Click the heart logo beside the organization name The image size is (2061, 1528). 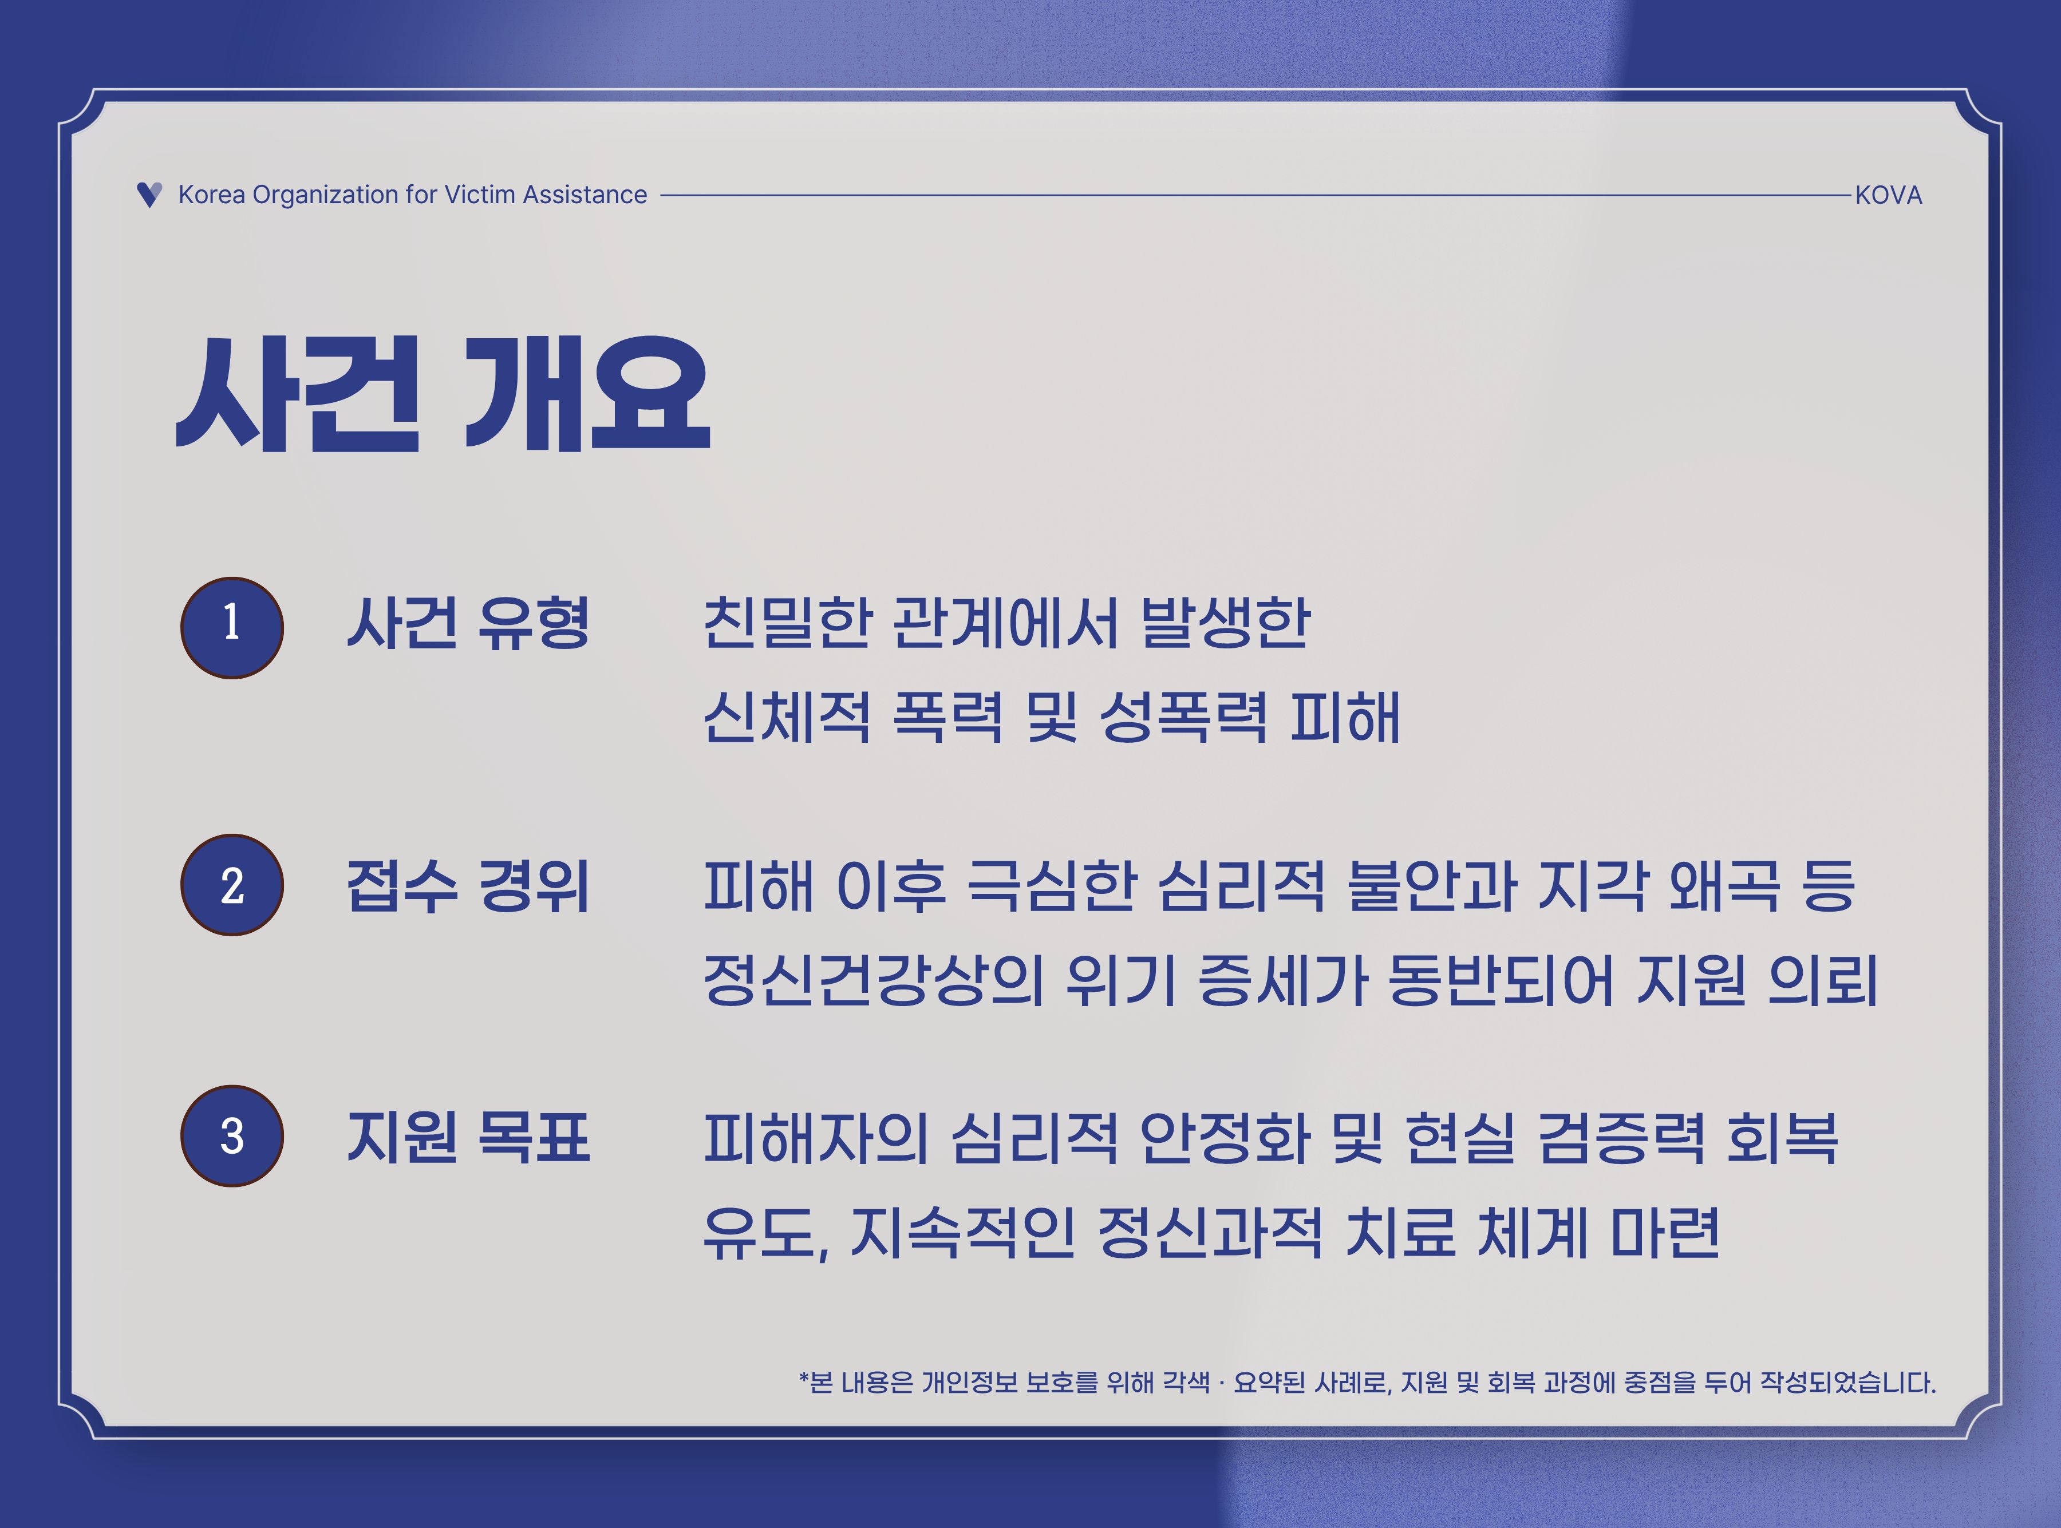coord(149,194)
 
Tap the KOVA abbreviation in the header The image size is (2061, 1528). coord(1888,195)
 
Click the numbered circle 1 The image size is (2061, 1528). coord(231,627)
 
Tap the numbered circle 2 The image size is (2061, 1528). coord(231,885)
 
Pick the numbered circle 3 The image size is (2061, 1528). coord(231,1136)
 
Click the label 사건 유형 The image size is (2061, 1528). coord(468,623)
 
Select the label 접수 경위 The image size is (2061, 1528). coord(468,886)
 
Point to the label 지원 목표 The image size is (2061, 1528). coord(468,1137)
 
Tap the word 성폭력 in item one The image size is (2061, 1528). coord(1184,718)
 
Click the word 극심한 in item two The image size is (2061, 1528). coord(1052,886)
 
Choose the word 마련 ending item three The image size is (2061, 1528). coord(1665,1233)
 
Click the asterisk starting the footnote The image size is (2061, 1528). coord(804,1377)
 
